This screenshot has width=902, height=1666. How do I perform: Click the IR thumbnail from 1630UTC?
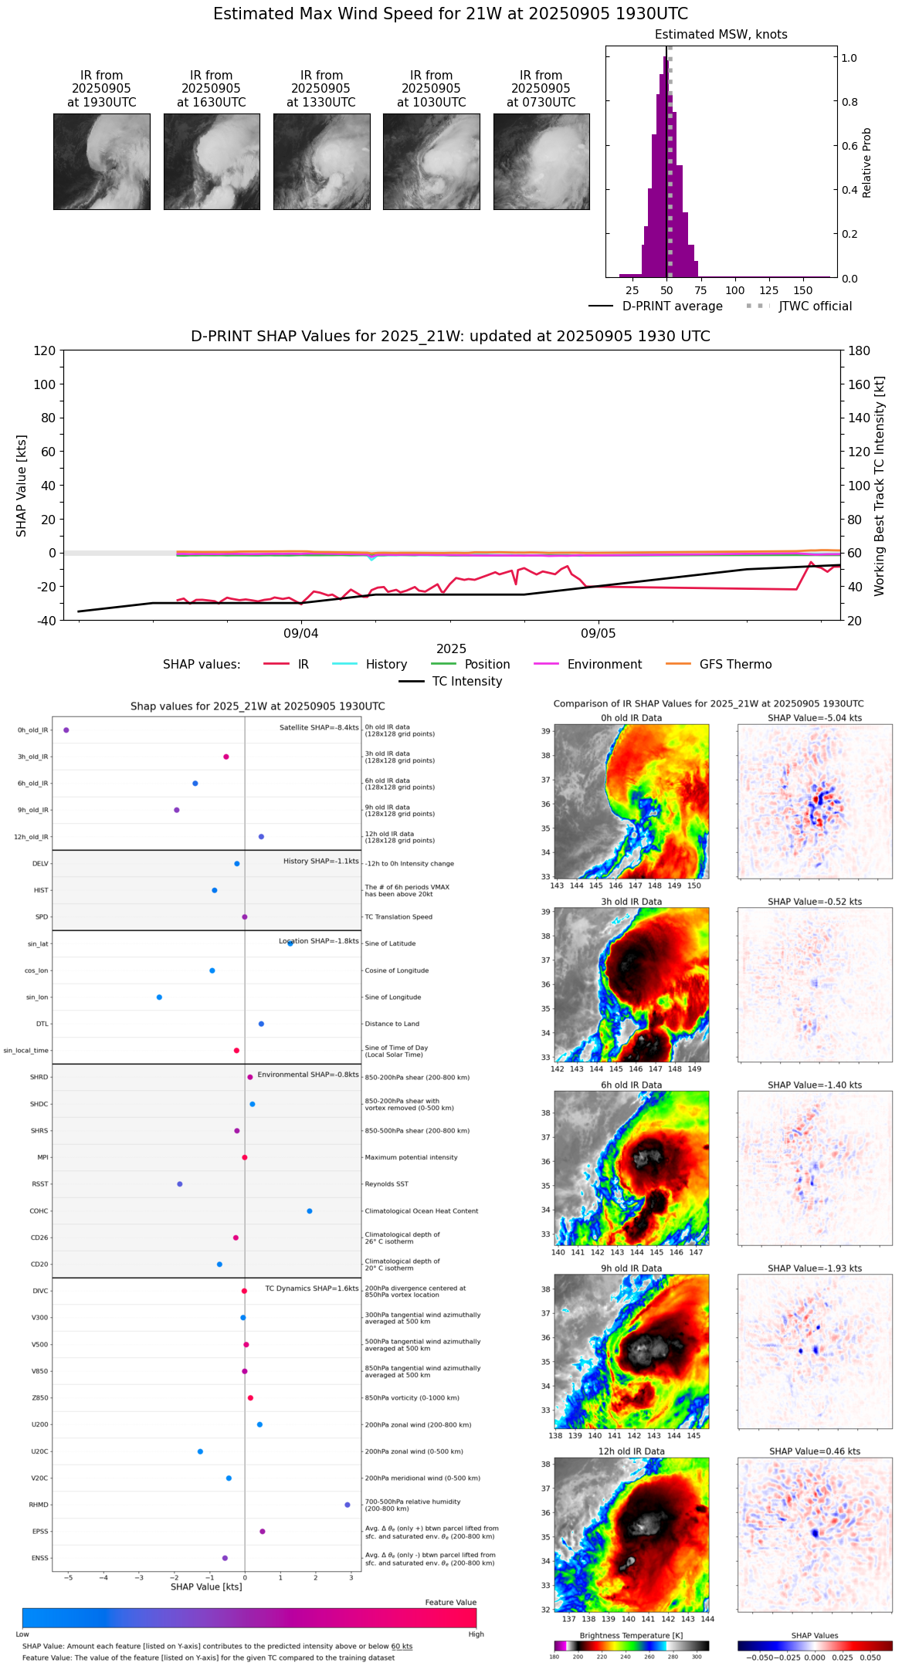(212, 161)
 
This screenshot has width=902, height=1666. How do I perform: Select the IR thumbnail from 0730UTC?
(541, 161)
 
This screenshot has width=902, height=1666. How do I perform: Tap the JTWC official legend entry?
(815, 306)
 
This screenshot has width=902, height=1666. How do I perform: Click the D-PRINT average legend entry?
(672, 306)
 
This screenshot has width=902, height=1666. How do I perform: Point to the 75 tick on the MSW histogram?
(700, 290)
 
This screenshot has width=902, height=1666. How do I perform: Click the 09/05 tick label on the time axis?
(599, 634)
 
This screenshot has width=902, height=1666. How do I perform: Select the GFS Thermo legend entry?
(735, 665)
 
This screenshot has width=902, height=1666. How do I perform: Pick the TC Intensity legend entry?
(466, 682)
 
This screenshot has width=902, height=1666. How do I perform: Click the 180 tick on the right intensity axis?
(860, 350)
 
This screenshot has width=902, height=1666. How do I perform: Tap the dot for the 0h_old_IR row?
(66, 730)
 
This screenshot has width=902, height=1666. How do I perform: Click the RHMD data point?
(348, 1505)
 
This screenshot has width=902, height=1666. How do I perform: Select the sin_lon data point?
(159, 997)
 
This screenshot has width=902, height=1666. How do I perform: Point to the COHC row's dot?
(310, 1211)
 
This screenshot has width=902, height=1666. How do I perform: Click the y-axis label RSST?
(39, 1184)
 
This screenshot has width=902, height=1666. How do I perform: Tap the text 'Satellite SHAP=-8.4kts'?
(319, 728)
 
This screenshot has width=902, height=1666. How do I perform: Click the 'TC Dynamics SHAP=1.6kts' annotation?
(312, 1288)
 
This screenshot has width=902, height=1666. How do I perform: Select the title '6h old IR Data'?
(631, 1085)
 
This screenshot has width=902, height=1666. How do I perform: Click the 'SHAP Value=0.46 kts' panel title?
(815, 1452)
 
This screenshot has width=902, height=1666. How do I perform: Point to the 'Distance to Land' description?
(392, 1024)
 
